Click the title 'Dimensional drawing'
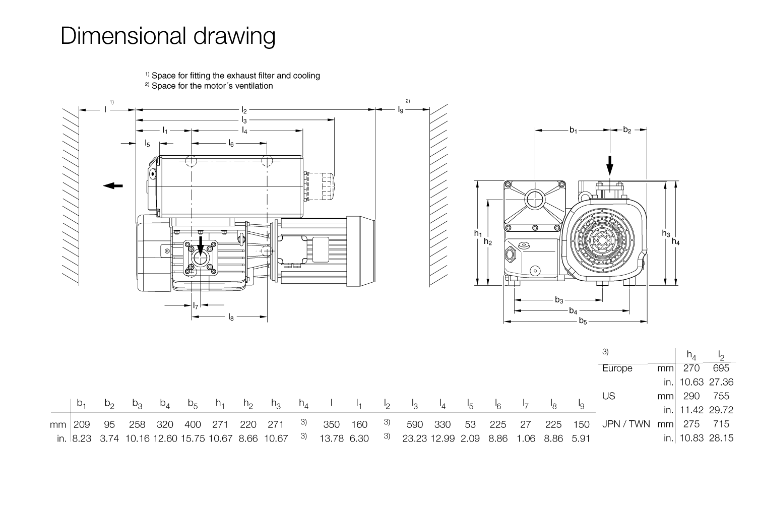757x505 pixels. pyautogui.click(x=168, y=36)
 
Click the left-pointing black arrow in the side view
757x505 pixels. pyautogui.click(x=113, y=185)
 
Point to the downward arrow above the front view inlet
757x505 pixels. pyautogui.click(x=609, y=164)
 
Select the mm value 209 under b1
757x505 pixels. pyautogui.click(x=82, y=424)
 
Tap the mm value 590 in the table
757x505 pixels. pyautogui.click(x=414, y=424)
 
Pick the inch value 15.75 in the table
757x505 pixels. pyautogui.click(x=193, y=438)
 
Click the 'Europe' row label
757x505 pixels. pyautogui.click(x=617, y=368)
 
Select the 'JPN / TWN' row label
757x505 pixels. pyautogui.click(x=625, y=424)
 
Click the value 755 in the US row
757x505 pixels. pyautogui.click(x=721, y=396)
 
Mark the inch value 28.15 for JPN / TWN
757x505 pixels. pyautogui.click(x=721, y=438)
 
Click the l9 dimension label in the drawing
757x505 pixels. pyautogui.click(x=401, y=109)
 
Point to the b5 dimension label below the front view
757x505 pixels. pyautogui.click(x=583, y=321)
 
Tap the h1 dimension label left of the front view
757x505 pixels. pyautogui.click(x=478, y=233)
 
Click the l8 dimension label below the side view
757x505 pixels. pyautogui.click(x=231, y=317)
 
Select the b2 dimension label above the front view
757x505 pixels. pyautogui.click(x=626, y=130)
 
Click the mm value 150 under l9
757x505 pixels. pyautogui.click(x=581, y=424)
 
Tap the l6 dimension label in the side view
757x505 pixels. pyautogui.click(x=231, y=144)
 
